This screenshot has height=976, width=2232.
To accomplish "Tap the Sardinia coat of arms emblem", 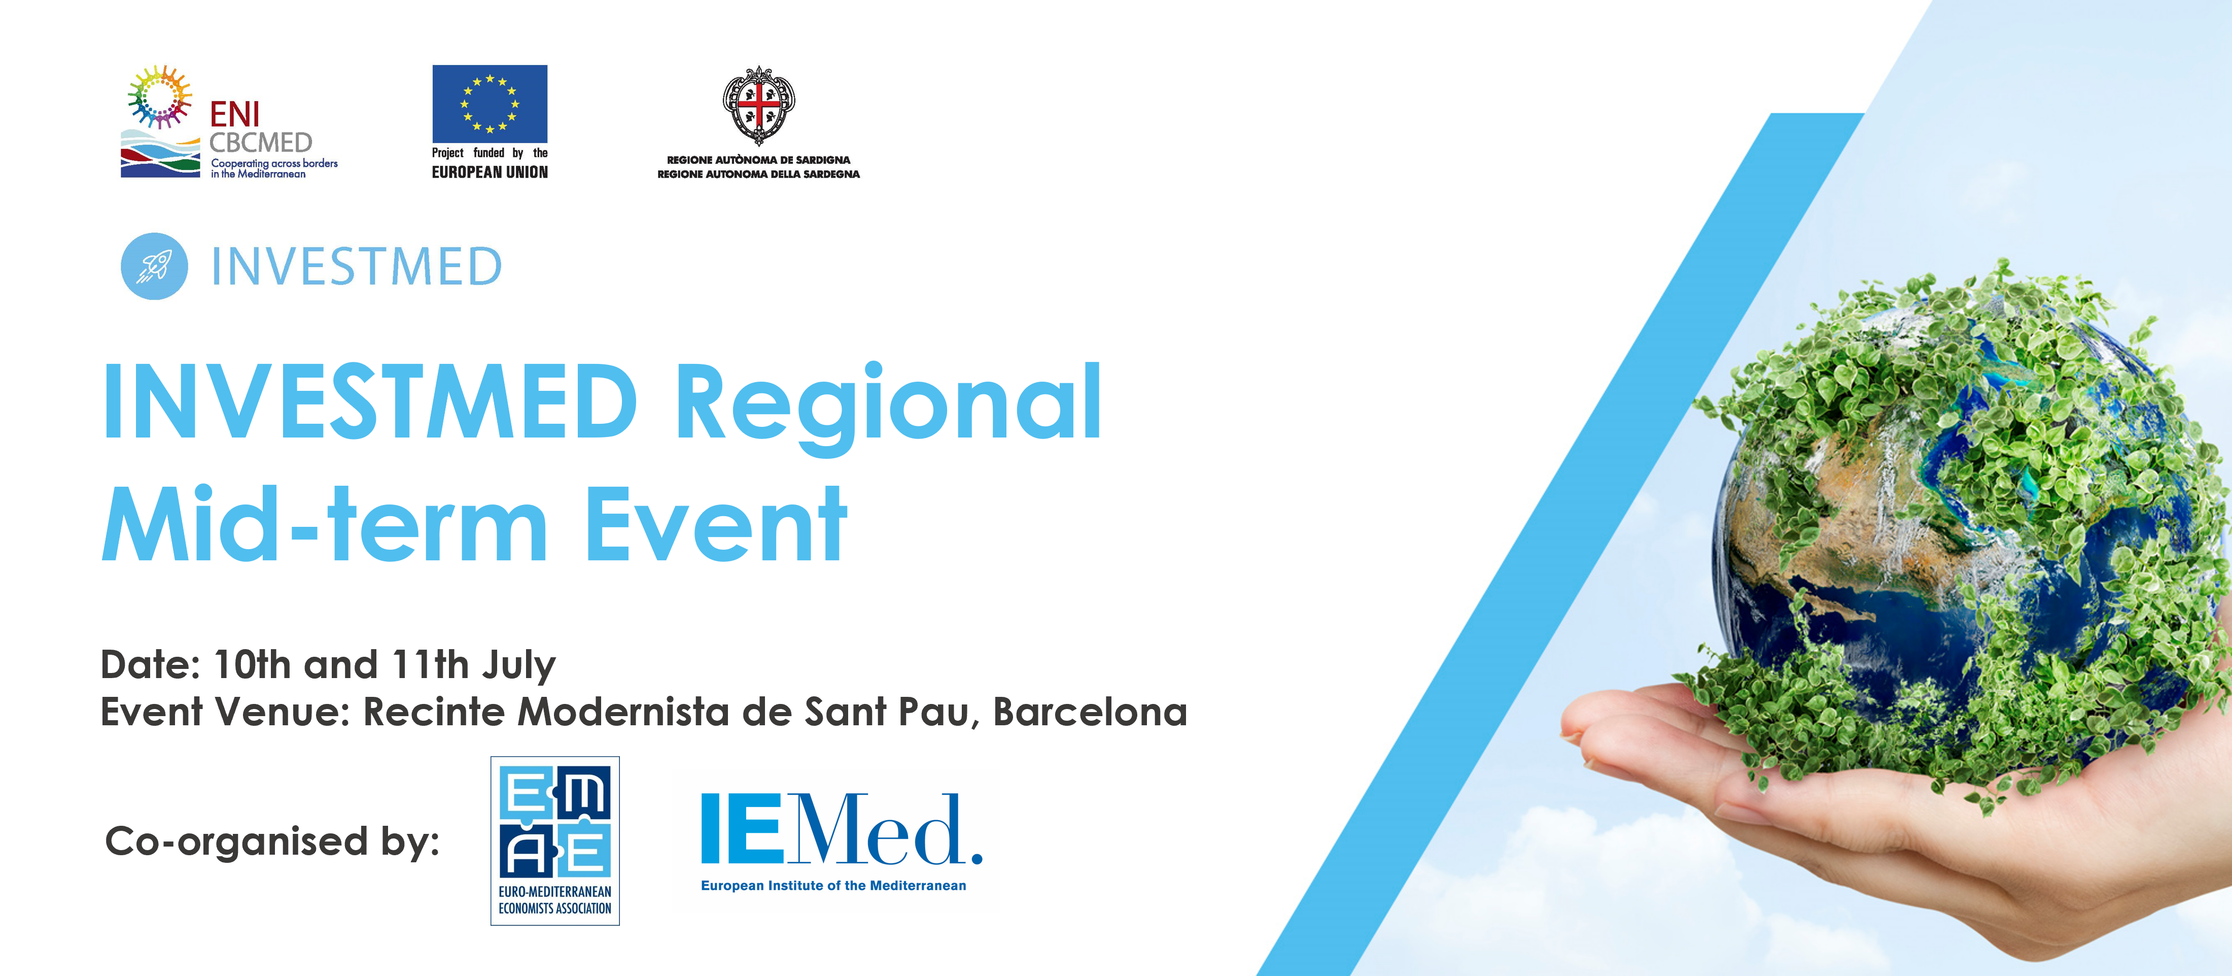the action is [x=759, y=105].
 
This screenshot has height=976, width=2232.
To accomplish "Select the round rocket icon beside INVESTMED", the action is [x=154, y=266].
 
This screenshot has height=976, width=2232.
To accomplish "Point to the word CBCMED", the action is [x=261, y=142].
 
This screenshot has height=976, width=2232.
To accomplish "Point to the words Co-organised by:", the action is [x=272, y=842].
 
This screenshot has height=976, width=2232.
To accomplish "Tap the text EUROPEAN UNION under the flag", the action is [x=490, y=173].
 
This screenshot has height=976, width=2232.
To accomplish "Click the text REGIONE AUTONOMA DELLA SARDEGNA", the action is [x=759, y=174].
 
